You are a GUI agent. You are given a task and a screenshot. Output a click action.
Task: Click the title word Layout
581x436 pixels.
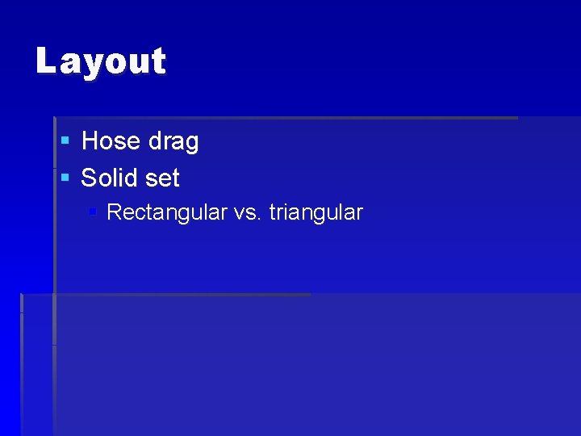tap(101, 61)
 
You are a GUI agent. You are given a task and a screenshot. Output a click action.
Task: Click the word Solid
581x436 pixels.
tap(110, 178)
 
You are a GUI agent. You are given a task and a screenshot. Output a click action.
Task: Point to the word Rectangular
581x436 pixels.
tap(166, 213)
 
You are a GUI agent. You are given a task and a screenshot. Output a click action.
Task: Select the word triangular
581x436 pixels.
tap(316, 213)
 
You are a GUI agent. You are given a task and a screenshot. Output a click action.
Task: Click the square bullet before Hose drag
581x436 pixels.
tap(65, 141)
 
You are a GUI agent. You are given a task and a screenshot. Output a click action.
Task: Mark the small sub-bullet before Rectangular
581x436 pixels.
tap(93, 212)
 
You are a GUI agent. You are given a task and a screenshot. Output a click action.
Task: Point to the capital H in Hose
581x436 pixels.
tap(90, 141)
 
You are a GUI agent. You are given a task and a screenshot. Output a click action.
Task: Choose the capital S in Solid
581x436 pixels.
tap(90, 178)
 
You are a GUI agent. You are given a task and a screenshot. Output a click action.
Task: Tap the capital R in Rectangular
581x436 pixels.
tap(114, 212)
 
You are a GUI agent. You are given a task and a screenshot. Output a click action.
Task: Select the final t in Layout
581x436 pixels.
tap(158, 61)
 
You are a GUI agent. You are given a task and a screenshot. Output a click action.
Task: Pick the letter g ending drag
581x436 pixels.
tap(190, 144)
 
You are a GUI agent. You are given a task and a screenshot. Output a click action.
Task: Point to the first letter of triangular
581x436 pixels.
tap(272, 213)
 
